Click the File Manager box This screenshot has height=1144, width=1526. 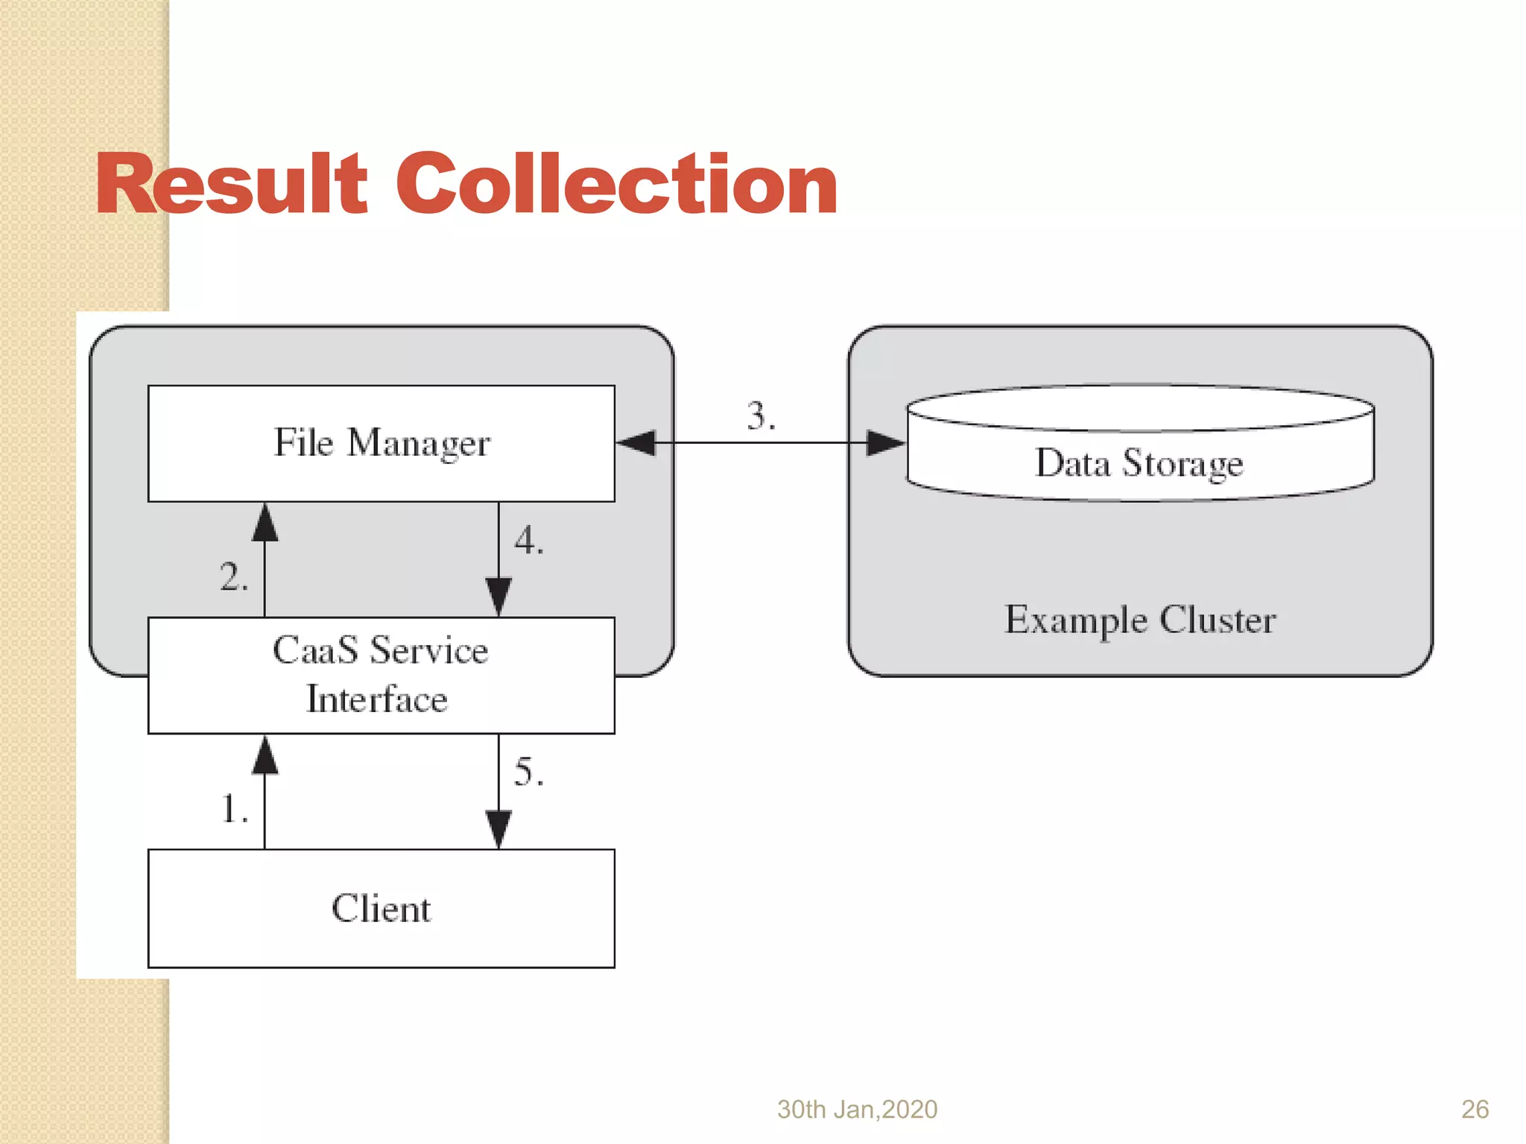tap(381, 443)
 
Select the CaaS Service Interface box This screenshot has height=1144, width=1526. tap(381, 675)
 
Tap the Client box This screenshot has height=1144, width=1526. tap(381, 908)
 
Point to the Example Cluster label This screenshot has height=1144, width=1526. tap(1139, 620)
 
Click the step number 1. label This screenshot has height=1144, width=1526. tap(234, 809)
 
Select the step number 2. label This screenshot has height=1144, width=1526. tap(233, 577)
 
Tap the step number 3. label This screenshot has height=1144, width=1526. tap(761, 415)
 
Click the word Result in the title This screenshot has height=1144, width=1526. tap(231, 184)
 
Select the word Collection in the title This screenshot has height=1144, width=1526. tap(616, 184)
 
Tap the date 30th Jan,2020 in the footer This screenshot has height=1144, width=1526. tap(857, 1109)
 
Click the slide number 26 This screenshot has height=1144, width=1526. tap(1475, 1109)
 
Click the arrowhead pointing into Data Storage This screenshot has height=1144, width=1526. tap(885, 443)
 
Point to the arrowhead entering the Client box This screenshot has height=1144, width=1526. tap(498, 828)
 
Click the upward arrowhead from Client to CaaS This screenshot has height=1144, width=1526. tap(265, 755)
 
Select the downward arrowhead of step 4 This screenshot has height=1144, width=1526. tap(498, 596)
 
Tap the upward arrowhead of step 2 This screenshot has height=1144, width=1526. tap(265, 523)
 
